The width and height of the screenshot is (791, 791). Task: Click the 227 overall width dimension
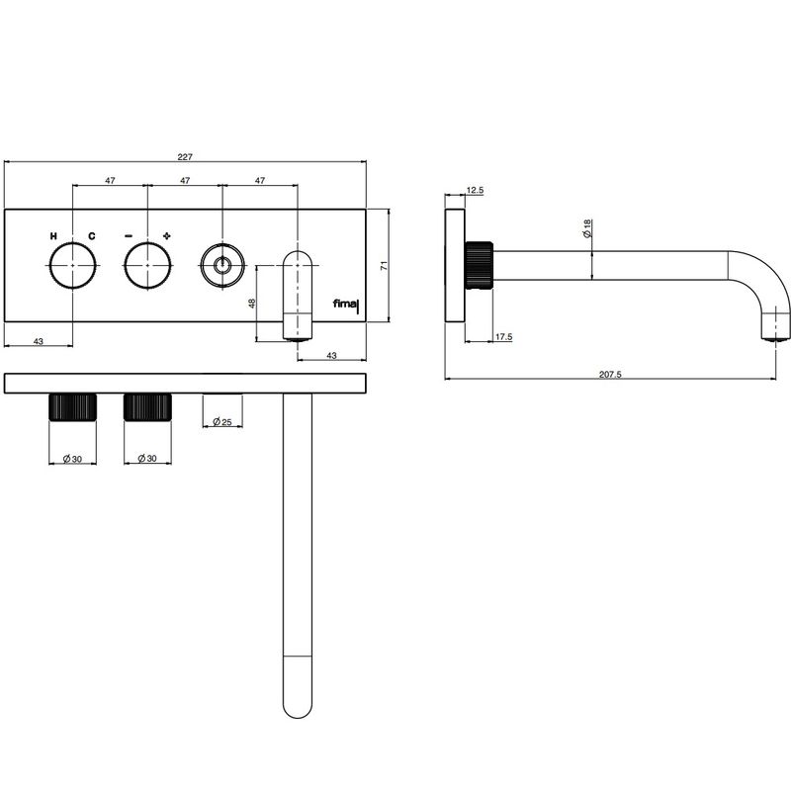185,157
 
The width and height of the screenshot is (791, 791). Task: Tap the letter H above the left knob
53,236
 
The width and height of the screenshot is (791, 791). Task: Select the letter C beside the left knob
91,236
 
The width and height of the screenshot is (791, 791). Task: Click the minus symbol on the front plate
129,235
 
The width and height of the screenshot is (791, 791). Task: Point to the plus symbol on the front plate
167,235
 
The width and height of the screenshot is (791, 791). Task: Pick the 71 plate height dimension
384,266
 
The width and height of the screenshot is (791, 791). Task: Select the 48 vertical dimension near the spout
252,304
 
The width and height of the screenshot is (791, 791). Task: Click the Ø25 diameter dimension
221,422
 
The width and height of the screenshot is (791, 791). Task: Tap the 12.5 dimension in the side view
475,190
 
